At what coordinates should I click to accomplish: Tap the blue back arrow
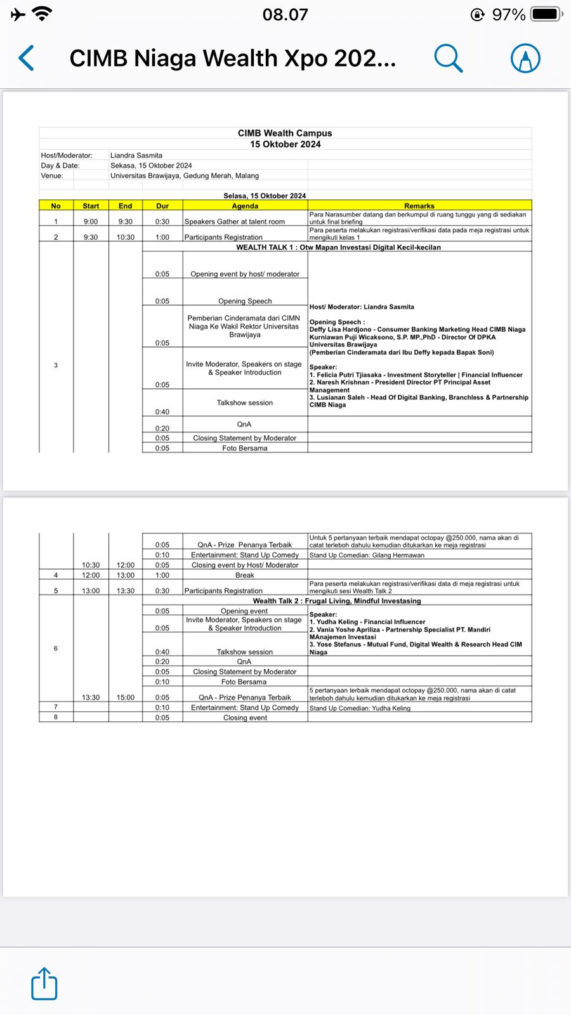27,58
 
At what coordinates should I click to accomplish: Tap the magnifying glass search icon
448,58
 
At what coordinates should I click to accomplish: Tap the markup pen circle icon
525,58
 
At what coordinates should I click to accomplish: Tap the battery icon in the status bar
546,14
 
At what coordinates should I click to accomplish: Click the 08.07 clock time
285,14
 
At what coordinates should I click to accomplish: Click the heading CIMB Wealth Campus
285,133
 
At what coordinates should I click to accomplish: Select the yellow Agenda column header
245,206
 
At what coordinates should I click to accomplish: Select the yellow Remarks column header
419,206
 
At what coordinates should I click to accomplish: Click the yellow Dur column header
162,206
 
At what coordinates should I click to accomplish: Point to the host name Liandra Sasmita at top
136,155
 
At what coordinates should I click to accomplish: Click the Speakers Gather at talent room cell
235,221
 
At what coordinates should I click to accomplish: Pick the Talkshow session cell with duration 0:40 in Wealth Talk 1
245,403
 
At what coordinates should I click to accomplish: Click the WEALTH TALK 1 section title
338,247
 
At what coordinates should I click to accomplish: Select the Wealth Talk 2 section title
337,601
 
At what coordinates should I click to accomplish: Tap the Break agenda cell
245,575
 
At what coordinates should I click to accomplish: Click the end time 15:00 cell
126,697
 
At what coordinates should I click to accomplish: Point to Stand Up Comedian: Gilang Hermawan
367,555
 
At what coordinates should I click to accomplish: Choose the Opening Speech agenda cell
245,301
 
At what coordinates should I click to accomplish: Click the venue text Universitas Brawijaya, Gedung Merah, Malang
185,176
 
